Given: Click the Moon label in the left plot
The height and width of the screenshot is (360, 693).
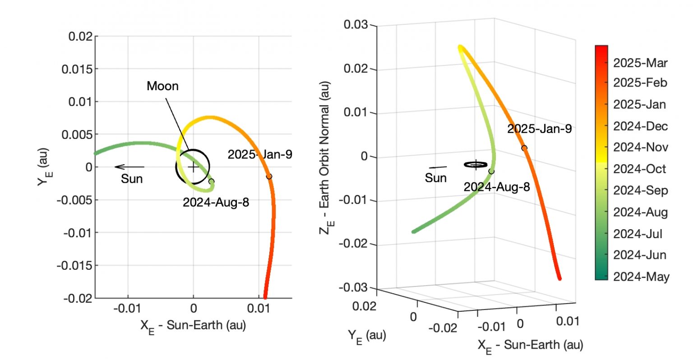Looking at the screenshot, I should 162,86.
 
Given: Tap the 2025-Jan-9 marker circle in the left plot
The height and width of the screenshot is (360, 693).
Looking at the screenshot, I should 269,176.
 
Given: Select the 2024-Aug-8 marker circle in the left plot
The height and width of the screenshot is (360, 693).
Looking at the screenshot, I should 211,181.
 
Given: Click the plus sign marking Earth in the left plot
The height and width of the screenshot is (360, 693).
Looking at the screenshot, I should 193,167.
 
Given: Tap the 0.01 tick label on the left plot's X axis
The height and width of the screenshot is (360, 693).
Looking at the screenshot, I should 259,309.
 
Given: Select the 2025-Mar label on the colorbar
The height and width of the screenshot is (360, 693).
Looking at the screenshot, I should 640,63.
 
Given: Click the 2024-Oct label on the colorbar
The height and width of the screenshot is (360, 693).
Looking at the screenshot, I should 639,169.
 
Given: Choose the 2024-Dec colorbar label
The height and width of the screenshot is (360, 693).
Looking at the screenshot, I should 640,126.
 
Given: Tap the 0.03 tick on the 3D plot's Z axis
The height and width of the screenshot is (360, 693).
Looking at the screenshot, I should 356,24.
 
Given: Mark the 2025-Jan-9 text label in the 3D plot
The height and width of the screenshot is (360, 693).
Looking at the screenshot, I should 539,129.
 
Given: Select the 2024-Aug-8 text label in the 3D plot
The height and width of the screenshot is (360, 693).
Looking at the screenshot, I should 496,187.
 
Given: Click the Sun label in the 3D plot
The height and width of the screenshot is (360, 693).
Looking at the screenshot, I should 435,178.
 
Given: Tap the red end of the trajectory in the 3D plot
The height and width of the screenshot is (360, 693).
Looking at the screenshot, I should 559,278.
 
